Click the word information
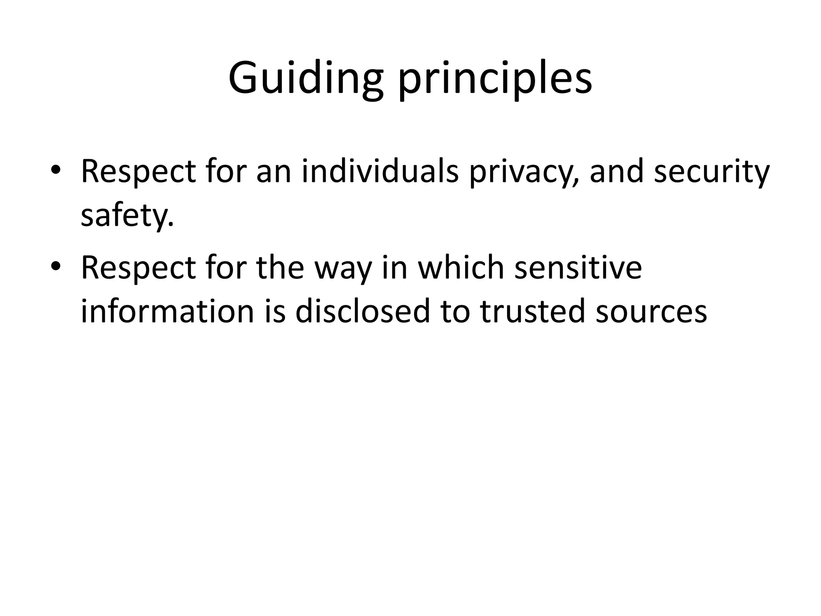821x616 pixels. tap(168, 311)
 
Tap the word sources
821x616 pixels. tap(651, 312)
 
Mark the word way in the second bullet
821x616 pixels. tap(343, 269)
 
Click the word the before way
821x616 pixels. tap(280, 268)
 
